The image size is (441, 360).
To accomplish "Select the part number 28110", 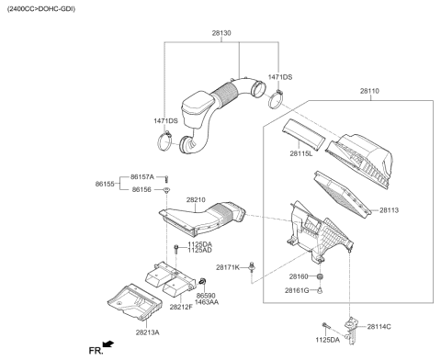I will point(369,92).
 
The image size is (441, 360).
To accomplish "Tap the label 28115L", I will point(300,153).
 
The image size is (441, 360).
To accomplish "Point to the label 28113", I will point(390,209).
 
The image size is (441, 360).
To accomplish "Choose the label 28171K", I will point(228,267).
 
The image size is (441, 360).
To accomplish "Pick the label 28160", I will point(299,276).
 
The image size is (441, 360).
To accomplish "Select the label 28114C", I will point(379,325).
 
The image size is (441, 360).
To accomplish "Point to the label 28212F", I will point(181,306).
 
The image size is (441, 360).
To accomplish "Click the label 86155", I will point(106,184).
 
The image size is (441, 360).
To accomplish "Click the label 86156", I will point(141,189).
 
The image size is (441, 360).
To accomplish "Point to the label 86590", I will point(205,296).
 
